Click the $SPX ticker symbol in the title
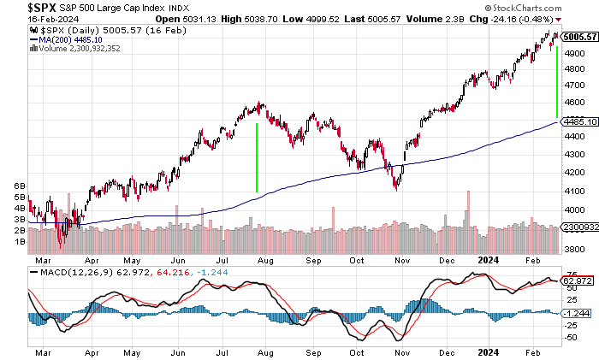(19, 7)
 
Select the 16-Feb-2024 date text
(27, 19)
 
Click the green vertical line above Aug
(257, 157)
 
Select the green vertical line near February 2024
(557, 82)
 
